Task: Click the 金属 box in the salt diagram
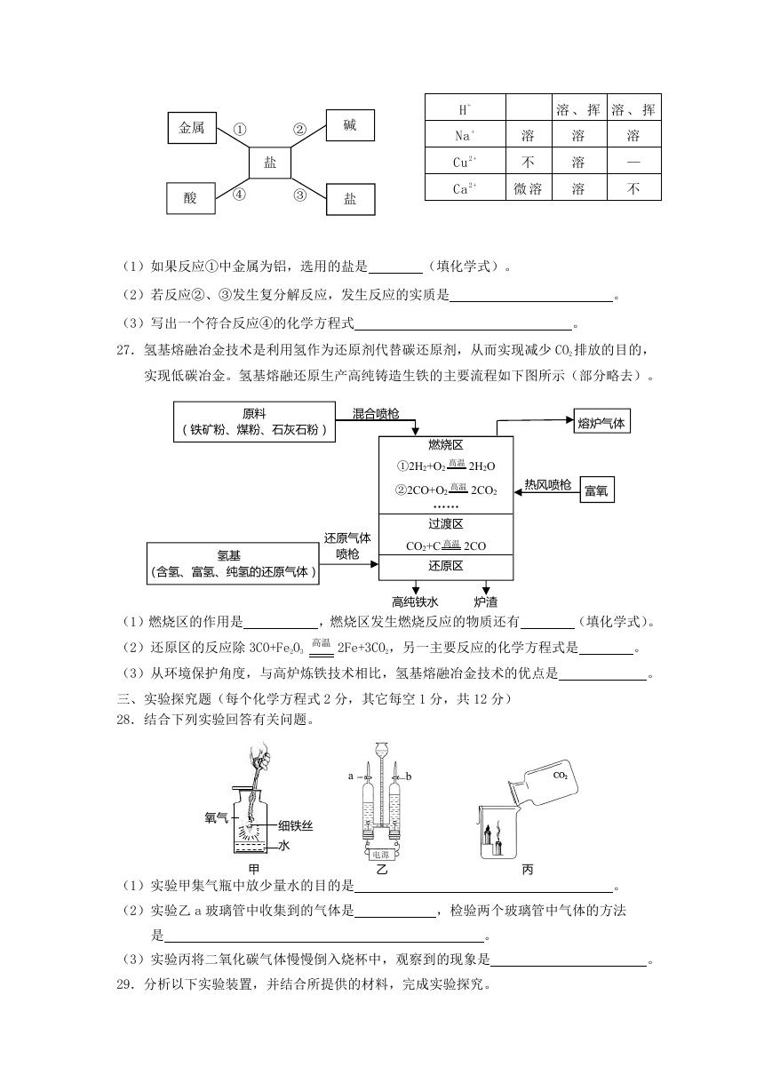(192, 128)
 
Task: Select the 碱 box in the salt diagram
(350, 125)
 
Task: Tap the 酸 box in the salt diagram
(190, 198)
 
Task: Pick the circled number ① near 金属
(240, 130)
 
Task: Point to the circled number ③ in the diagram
(299, 195)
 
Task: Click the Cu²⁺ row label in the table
(465, 162)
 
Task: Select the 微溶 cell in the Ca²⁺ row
(528, 188)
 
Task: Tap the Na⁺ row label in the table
(465, 135)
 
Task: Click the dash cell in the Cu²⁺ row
(633, 162)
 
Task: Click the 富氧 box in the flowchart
(597, 490)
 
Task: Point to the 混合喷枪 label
(376, 413)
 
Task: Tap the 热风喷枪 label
(547, 484)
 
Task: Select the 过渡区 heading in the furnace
(446, 524)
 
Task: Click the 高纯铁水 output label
(416, 602)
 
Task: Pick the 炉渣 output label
(486, 602)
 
